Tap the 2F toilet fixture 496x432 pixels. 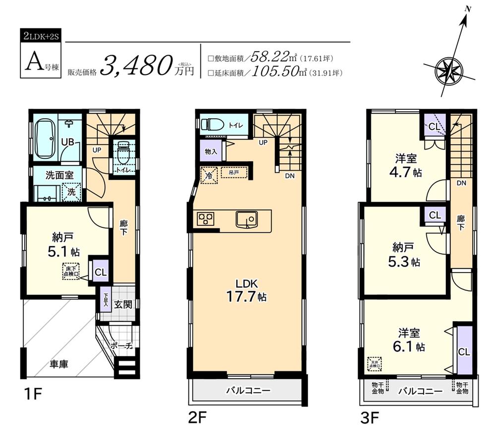coord(211,125)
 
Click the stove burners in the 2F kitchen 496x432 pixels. coord(205,219)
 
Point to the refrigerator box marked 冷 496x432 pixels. coord(209,175)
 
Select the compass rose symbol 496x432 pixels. coord(448,69)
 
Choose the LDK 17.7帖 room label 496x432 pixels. coord(246,290)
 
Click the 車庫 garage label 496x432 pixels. coord(59,364)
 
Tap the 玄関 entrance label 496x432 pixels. coord(124,304)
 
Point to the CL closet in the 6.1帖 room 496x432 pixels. coord(464,352)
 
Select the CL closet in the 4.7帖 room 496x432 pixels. coord(434,127)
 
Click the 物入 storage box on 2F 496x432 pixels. coord(211,151)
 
